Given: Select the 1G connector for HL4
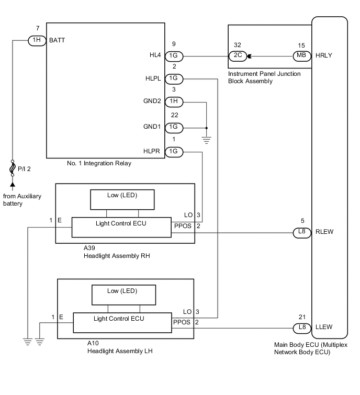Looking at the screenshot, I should click(174, 55).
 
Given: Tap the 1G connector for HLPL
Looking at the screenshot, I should click(174, 79).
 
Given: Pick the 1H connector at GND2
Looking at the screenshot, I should click(174, 102).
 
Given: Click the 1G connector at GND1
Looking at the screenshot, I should click(174, 127).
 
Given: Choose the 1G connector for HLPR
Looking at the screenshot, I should click(174, 152).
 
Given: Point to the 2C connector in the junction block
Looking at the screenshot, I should click(237, 55).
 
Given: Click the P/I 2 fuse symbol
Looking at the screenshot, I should click(12, 168).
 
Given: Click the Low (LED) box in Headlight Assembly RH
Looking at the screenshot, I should click(123, 199).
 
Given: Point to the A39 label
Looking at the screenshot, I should click(90, 249).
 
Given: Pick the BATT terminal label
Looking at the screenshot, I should click(57, 40).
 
